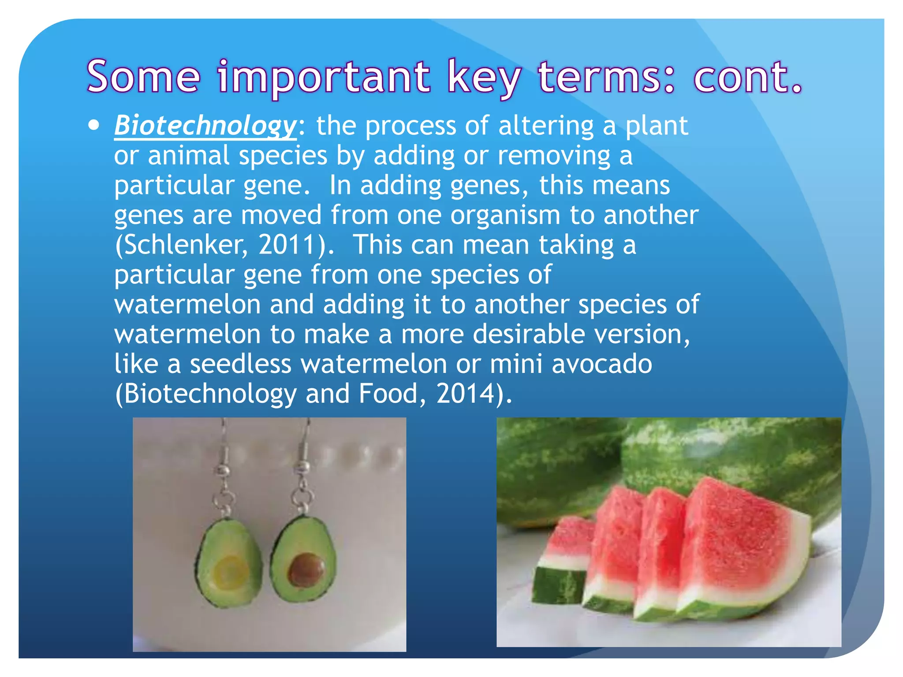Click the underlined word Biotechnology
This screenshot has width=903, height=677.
pyautogui.click(x=205, y=126)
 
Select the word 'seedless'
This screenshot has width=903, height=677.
pyautogui.click(x=241, y=364)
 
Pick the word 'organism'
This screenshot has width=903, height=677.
pyautogui.click(x=505, y=216)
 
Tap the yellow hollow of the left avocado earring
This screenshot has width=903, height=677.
pyautogui.click(x=230, y=572)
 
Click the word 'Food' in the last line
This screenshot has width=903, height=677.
pyautogui.click(x=388, y=394)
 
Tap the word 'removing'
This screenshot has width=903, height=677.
pyautogui.click(x=553, y=156)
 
